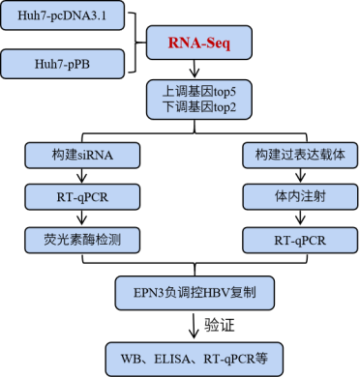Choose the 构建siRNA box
(82, 155)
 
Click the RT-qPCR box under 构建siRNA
(82, 197)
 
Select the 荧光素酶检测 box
(82, 240)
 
